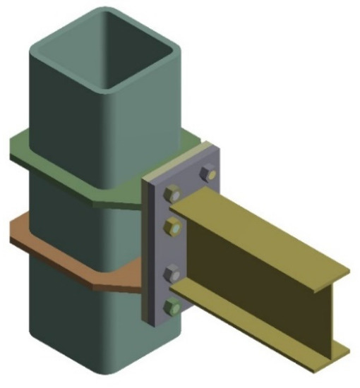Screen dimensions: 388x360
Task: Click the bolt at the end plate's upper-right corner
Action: (x=207, y=172)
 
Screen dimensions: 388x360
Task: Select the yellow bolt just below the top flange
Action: (x=172, y=226)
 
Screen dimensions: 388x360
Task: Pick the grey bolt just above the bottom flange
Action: (x=172, y=273)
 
